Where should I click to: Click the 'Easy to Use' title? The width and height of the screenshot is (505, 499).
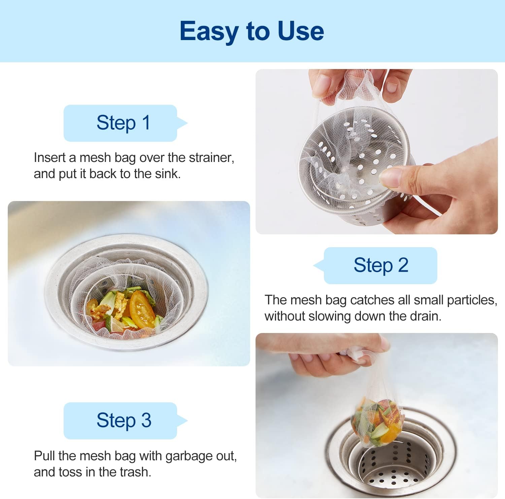pos(252,31)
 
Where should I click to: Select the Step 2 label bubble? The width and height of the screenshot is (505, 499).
pos(375,265)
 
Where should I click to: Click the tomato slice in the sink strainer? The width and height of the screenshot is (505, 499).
pos(142,309)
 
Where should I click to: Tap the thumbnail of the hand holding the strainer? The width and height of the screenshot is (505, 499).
pos(377,152)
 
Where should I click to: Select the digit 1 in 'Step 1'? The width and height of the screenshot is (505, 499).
pos(146,123)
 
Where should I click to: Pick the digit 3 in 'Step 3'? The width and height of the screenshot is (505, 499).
pos(146,420)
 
